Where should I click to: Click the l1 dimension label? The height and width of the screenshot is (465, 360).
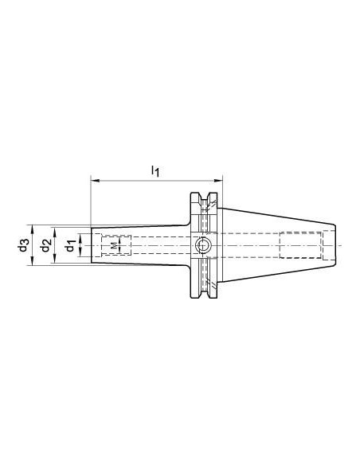tap(155, 171)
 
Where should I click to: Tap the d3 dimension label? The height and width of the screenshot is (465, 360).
tap(24, 245)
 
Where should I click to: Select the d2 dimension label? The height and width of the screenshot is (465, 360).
tap(46, 245)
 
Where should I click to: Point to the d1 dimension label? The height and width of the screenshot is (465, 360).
tap(70, 245)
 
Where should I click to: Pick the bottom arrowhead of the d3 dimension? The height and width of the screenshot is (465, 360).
tap(33, 260)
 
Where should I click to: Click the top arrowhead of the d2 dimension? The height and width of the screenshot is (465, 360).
tap(55, 232)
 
